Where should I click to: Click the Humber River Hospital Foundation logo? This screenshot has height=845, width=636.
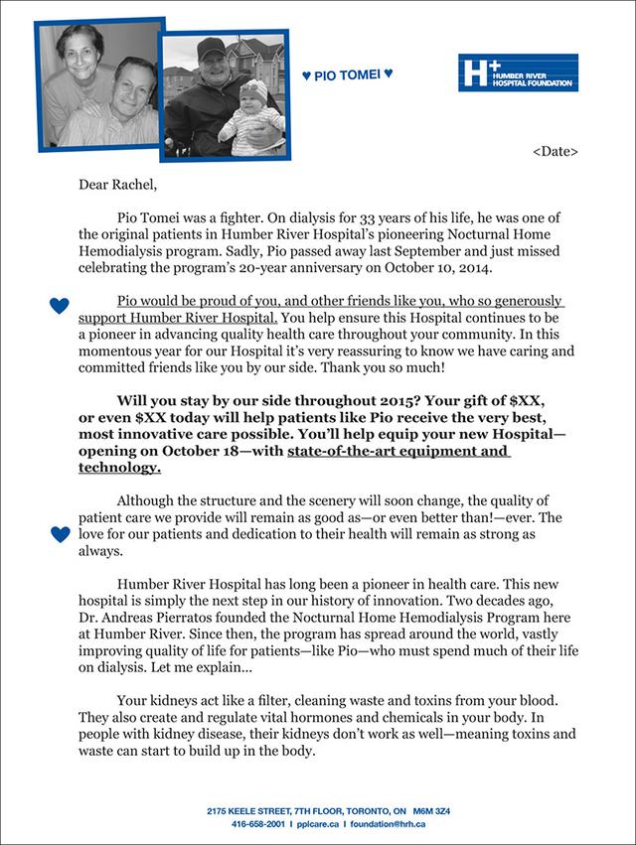518,73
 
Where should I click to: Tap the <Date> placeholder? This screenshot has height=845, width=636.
555,151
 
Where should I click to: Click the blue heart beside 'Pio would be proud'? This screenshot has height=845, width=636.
60,306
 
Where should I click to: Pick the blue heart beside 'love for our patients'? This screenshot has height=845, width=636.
60,534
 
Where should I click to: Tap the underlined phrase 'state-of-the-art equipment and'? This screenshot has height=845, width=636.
398,452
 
